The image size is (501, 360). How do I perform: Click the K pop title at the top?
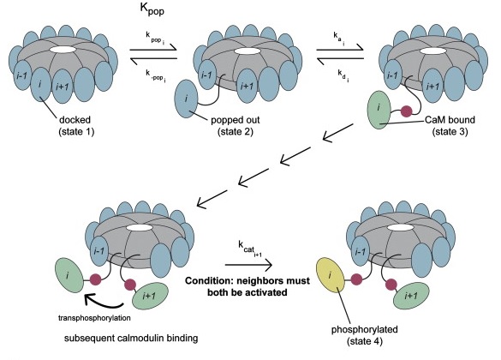152,9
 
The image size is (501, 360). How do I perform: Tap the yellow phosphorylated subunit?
331,275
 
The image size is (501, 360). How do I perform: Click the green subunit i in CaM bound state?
379,110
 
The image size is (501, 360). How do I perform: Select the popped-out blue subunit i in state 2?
187,99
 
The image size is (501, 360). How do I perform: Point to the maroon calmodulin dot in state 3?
407,111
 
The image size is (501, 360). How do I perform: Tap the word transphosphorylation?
94,318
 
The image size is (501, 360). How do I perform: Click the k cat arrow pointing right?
248,265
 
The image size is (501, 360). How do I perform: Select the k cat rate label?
250,248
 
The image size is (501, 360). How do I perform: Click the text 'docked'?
75,120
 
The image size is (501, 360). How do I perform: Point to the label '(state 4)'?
365,341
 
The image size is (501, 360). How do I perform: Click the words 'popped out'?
236,120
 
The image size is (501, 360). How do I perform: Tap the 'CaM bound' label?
450,120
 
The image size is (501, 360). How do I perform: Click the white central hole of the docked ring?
63,50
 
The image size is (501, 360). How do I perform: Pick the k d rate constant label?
343,75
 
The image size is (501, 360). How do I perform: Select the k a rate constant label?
339,38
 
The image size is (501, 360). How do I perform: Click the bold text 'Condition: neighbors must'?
248,280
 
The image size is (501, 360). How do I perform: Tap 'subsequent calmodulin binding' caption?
131,339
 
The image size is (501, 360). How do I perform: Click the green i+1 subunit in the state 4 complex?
411,296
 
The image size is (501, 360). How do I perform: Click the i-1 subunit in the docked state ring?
21,76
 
